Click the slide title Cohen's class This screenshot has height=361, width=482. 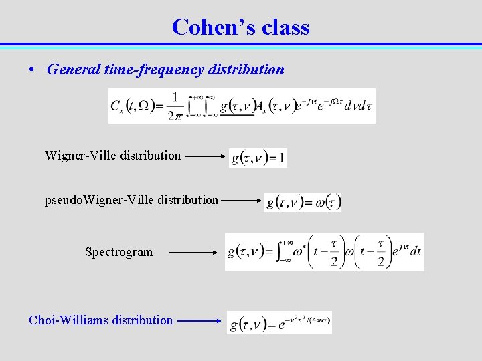(x=240, y=27)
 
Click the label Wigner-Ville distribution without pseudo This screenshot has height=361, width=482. (x=112, y=156)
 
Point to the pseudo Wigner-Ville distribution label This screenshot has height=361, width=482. (x=131, y=199)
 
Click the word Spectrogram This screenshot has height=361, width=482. (x=118, y=252)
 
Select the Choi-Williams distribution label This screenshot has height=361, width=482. (x=100, y=320)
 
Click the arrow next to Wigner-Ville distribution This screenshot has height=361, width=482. (x=205, y=156)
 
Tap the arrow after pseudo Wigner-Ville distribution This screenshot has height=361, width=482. (x=242, y=199)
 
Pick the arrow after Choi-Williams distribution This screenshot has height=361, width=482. (x=199, y=320)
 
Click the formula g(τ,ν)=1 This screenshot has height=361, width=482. (x=258, y=158)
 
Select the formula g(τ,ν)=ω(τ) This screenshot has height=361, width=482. (x=303, y=202)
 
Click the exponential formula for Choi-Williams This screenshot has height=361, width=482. (x=279, y=323)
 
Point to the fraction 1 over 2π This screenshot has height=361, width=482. (x=175, y=106)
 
